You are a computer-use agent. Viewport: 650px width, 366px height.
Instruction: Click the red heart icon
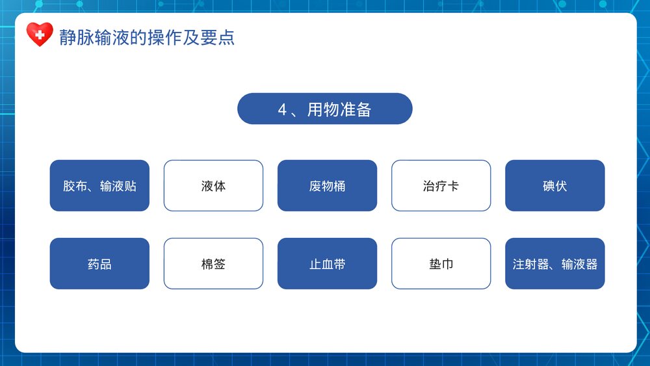[40, 35]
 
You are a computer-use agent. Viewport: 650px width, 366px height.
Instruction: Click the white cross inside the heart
[40, 34]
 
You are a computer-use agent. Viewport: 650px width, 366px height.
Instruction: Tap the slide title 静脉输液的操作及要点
[146, 37]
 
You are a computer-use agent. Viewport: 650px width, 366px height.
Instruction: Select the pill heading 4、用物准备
[324, 109]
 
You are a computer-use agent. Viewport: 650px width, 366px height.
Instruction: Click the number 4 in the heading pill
[282, 109]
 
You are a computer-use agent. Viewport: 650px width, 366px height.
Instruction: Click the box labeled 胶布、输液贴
[99, 186]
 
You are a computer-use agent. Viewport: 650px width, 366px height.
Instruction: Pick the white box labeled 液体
[213, 186]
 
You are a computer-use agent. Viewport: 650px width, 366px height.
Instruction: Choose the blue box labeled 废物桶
[327, 186]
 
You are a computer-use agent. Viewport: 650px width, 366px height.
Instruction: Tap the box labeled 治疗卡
[441, 186]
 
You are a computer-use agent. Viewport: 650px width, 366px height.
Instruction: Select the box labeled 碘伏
[554, 186]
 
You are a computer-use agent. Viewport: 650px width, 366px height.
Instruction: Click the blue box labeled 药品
[99, 264]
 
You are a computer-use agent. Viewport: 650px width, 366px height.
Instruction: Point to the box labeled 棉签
[213, 264]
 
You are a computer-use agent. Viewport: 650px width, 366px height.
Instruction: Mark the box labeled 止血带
[327, 264]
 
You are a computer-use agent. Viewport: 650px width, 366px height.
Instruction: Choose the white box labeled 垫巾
[441, 264]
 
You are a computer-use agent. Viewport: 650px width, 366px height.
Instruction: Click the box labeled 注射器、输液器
[554, 264]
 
